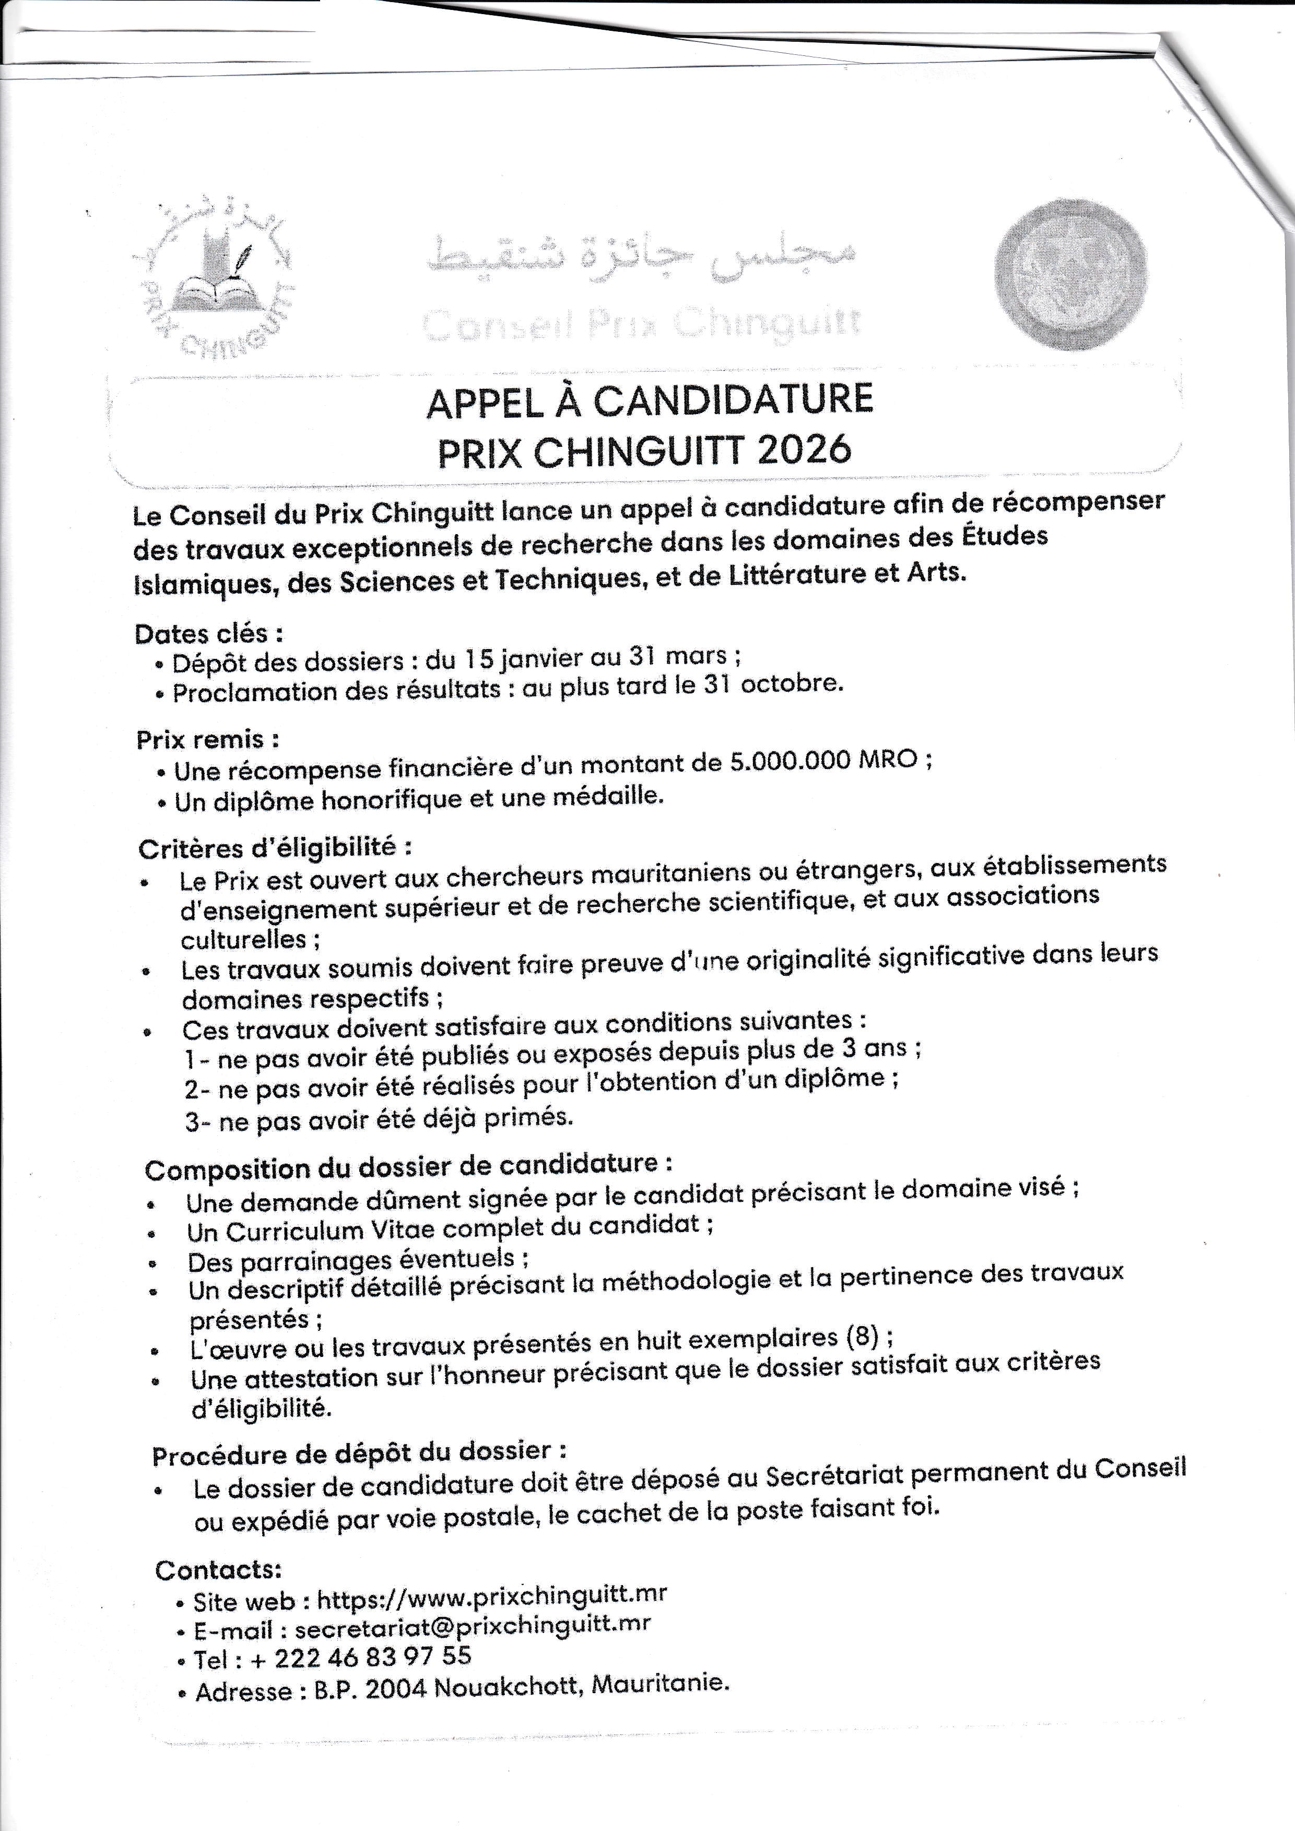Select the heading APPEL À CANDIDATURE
click(650, 401)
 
